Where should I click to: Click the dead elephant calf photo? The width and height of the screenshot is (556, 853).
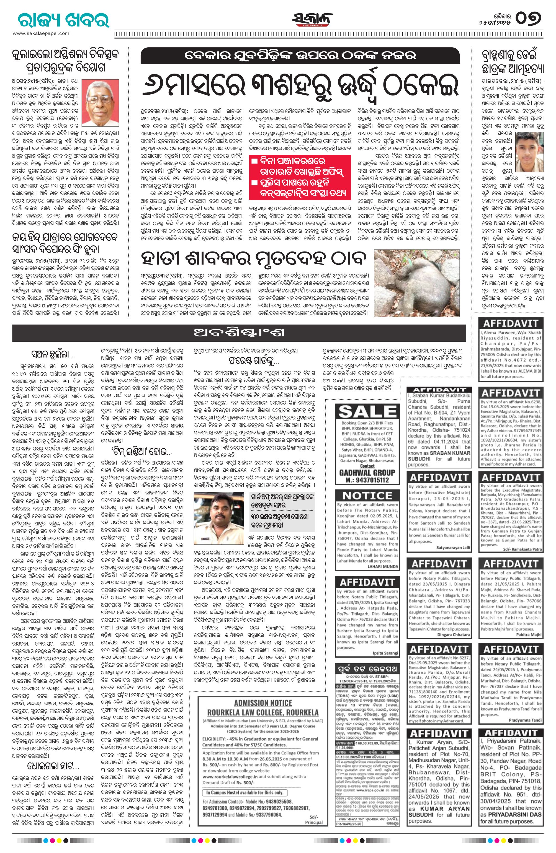tap(416, 283)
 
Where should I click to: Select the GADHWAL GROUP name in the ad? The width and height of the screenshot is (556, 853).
tap(367, 472)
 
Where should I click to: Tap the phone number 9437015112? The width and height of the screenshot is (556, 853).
tap(367, 480)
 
